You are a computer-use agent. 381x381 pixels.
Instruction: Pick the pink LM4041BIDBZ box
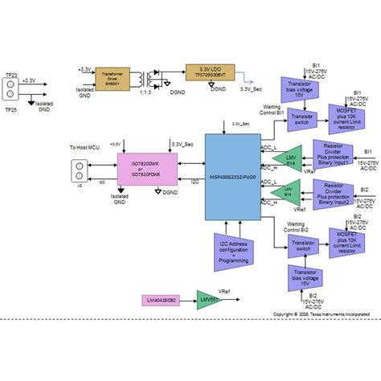pos(162,301)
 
